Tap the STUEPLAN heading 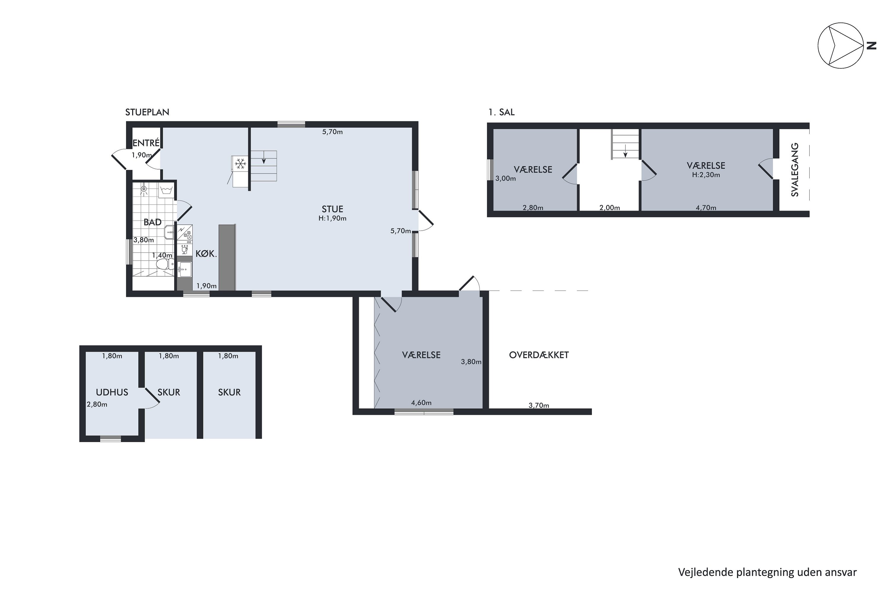coord(147,112)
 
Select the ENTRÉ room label coord(146,143)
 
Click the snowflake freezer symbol coord(240,164)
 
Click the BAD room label coord(152,222)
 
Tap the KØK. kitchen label coord(206,254)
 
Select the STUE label coord(332,209)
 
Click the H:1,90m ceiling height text coord(332,218)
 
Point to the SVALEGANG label coord(795,169)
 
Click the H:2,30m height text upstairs coord(706,175)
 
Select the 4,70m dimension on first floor coord(706,207)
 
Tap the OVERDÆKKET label coord(539,355)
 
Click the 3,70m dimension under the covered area coord(539,405)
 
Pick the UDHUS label coord(112,392)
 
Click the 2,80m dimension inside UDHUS coord(97,404)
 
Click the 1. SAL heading coord(501,112)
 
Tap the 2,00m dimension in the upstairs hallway coord(609,207)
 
